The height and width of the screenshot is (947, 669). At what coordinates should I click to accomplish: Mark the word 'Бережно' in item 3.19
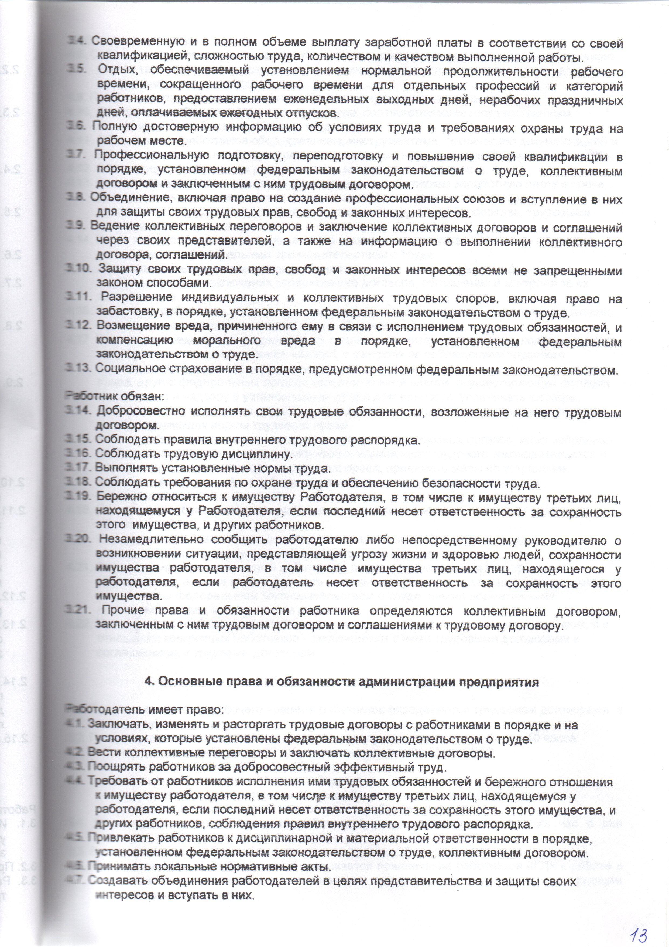(117, 498)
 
